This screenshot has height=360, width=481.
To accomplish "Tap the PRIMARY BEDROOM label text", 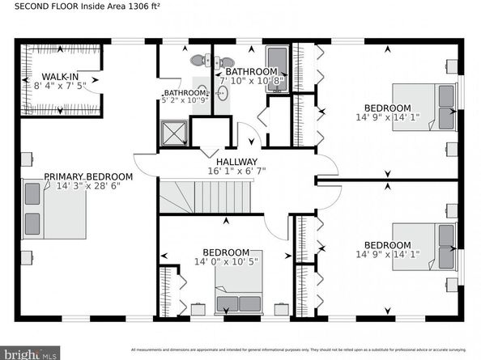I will pyautogui.click(x=88, y=176).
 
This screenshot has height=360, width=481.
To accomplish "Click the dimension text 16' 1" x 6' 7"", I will pyautogui.click(x=236, y=172).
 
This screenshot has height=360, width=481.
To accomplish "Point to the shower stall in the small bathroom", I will pyautogui.click(x=172, y=132).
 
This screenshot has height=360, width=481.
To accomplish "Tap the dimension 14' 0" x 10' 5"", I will pyautogui.click(x=227, y=261).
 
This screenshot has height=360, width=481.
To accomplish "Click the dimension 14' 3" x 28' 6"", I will pyautogui.click(x=88, y=186).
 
